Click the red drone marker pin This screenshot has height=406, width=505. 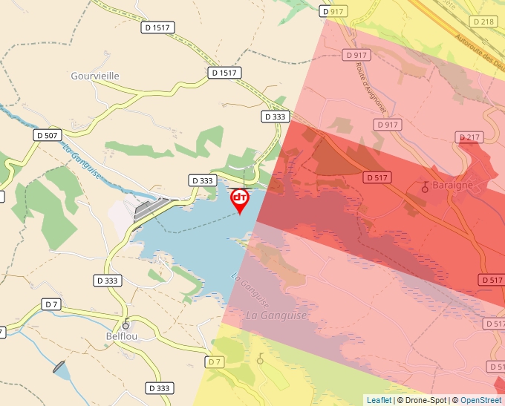(240, 199)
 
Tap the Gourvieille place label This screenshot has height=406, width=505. (94, 76)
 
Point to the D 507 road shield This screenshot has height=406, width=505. (48, 135)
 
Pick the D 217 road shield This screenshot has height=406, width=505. (469, 137)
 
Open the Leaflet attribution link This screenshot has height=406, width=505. (379, 400)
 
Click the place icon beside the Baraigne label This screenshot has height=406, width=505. (426, 186)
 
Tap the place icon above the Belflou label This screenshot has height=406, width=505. (126, 324)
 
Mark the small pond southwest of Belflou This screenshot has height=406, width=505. (60, 368)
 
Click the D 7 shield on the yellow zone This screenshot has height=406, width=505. (214, 361)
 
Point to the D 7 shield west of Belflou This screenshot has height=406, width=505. (50, 304)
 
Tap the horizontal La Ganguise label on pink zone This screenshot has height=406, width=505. (276, 315)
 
